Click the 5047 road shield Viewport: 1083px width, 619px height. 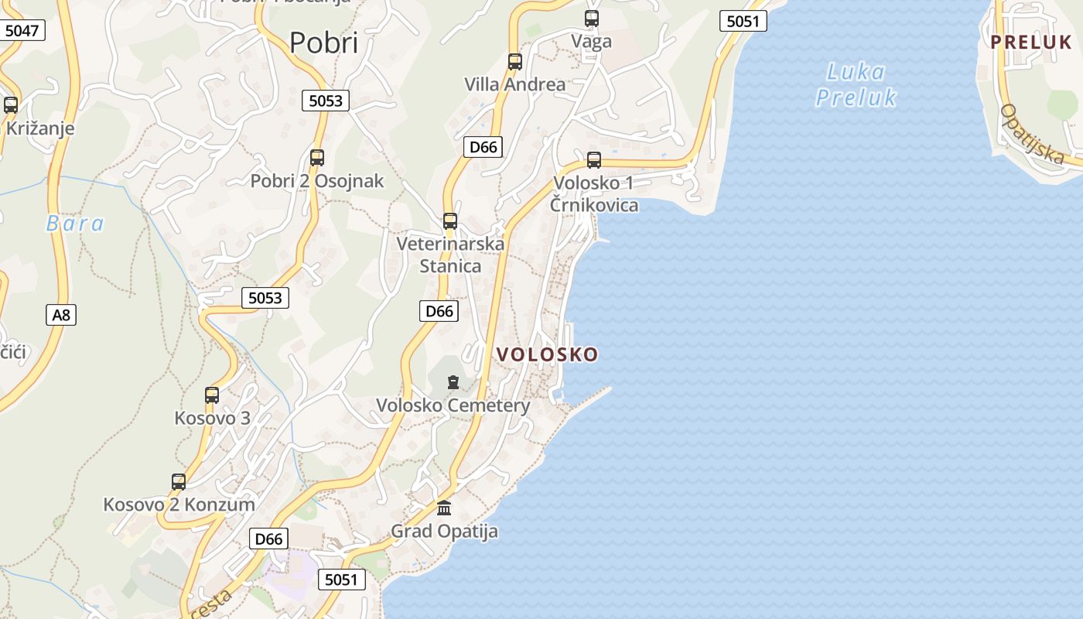click(21, 31)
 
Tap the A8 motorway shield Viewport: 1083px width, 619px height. click(60, 315)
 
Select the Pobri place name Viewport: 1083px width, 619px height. click(323, 43)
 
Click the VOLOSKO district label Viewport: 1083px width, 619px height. click(547, 354)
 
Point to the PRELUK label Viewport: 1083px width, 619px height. click(1031, 43)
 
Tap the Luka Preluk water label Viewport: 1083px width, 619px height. click(856, 84)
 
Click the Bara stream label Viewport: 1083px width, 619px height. click(74, 224)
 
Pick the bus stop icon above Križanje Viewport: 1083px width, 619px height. click(11, 104)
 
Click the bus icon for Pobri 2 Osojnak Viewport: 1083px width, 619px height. click(316, 158)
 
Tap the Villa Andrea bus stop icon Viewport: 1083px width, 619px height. click(514, 62)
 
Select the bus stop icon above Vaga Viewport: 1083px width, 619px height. click(592, 19)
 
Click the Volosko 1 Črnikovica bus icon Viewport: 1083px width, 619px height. click(593, 160)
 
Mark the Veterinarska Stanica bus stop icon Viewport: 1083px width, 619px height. click(450, 221)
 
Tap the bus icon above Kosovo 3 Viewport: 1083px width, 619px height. click(212, 395)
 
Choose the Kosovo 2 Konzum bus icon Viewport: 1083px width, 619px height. click(179, 482)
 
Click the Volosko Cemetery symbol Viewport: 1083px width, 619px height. click(453, 382)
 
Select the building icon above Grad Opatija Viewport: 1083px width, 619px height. click(444, 508)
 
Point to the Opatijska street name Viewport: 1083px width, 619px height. click(1032, 134)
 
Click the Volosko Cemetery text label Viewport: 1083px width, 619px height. click(453, 405)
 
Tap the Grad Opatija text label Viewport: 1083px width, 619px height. click(444, 532)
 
